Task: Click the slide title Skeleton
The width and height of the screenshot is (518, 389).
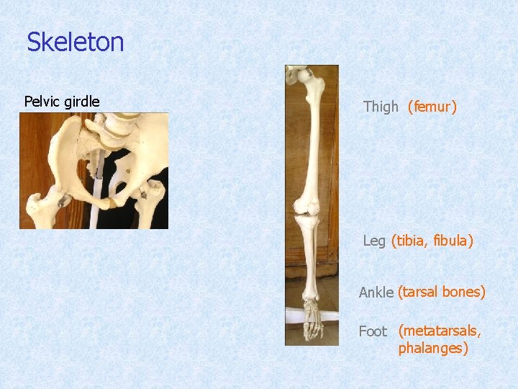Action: tap(76, 43)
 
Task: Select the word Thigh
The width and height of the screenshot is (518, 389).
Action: tap(381, 107)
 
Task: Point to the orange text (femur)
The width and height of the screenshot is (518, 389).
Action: tap(432, 107)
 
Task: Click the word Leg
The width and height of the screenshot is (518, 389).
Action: tap(374, 241)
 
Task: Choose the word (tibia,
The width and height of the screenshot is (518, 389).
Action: tap(411, 241)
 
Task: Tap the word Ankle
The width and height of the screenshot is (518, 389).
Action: tap(376, 292)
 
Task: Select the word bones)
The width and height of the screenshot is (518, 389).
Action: tap(464, 292)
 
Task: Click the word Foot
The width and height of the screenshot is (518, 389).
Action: tap(373, 331)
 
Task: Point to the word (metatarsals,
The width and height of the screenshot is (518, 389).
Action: tap(440, 331)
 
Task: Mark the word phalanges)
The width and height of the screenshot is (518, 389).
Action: tap(433, 349)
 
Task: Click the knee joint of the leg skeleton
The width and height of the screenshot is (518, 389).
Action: tap(306, 210)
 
